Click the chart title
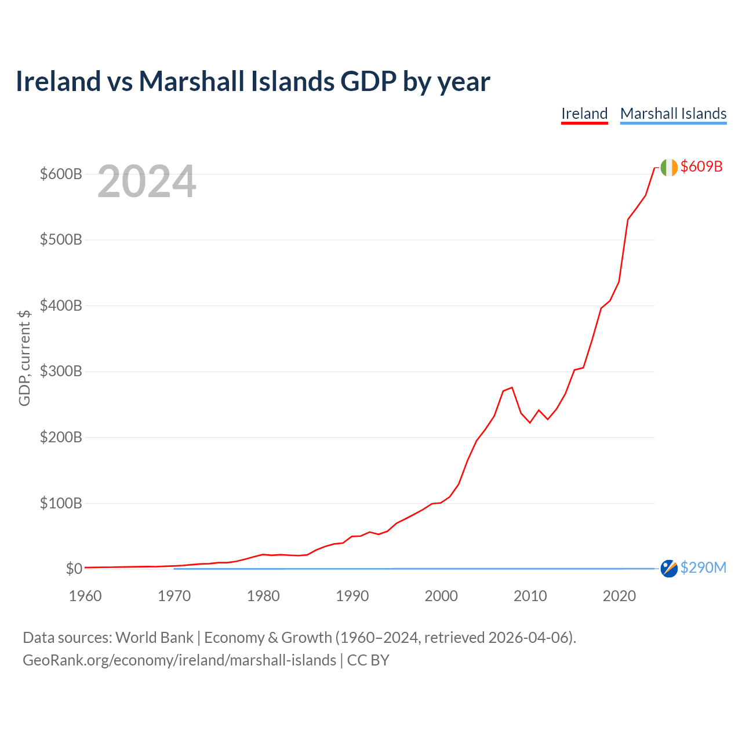pos(253,81)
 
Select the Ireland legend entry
pos(584,114)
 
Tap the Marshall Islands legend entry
pos(673,114)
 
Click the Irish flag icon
pos(669,168)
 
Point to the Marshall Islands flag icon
pos(669,568)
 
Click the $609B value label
pos(701,166)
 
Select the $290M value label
pos(703,568)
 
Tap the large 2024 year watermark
pos(147,181)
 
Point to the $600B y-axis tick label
pos(61,174)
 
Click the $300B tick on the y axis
pos(61,371)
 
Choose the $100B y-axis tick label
pos(61,503)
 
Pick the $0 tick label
pos(74,568)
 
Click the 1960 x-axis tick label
pos(85,596)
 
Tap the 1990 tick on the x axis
pos(352,596)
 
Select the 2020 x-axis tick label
pos(619,596)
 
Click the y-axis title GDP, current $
pos(24,358)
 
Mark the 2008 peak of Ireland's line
pos(512,387)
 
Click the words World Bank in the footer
pos(154,638)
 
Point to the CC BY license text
pos(368,660)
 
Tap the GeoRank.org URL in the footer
pos(180,660)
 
